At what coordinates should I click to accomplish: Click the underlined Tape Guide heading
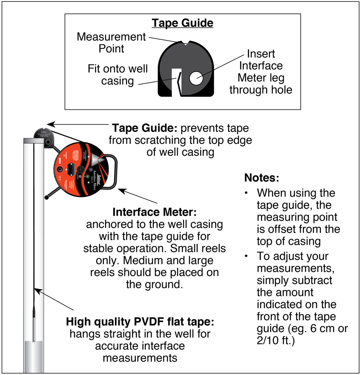tap(182, 23)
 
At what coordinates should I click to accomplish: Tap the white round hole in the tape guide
tap(196, 78)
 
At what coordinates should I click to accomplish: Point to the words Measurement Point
tap(112, 42)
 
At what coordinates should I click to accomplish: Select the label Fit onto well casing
tap(118, 75)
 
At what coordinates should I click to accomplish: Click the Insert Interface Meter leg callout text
tap(261, 72)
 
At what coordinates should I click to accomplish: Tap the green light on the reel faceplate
tap(87, 177)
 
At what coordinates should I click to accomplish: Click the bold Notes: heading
tap(262, 178)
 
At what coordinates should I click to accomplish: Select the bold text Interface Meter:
tap(155, 212)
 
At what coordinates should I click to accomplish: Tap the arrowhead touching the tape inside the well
tap(36, 289)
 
